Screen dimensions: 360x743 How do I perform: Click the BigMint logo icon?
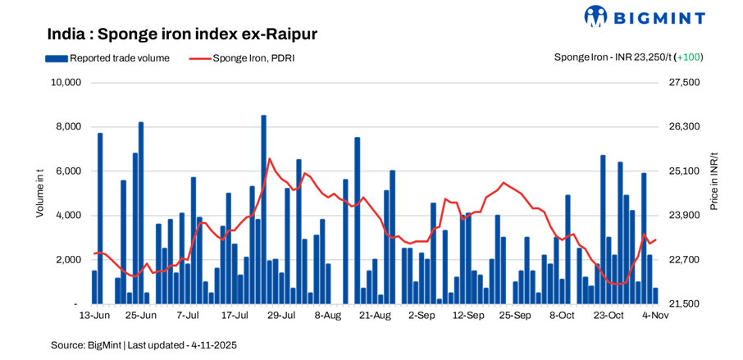pos(595,16)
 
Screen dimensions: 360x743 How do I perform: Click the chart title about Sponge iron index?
pos(182,34)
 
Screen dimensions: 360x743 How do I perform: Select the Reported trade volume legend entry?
pos(107,57)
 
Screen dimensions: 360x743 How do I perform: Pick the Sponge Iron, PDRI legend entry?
pos(241,57)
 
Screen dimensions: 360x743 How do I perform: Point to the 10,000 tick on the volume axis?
pos(65,83)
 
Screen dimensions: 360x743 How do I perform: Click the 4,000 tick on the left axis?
pos(68,216)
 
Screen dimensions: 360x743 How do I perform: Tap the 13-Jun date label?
pos(94,315)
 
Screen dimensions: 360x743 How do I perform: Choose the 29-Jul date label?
pos(281,315)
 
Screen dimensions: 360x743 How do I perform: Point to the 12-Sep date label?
pos(468,315)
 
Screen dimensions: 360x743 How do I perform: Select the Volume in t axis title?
pos(39,194)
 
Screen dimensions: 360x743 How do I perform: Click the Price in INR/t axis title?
pos(713,182)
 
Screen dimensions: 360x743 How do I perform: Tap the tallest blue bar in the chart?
pos(263,209)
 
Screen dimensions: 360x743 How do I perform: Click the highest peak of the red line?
pos(269,159)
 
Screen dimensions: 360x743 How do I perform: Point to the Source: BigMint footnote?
pos(144,345)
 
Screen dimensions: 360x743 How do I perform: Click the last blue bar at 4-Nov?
pos(655,296)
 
